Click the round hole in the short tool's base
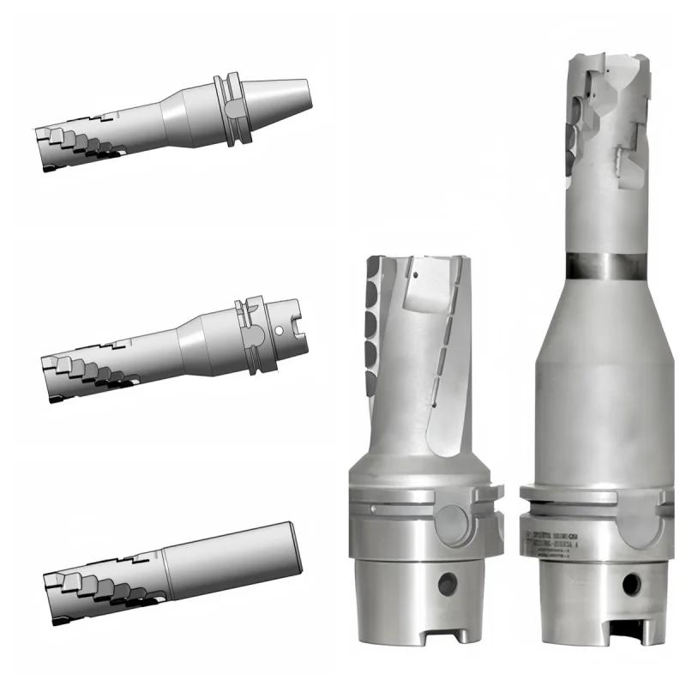pyautogui.click(x=445, y=586)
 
